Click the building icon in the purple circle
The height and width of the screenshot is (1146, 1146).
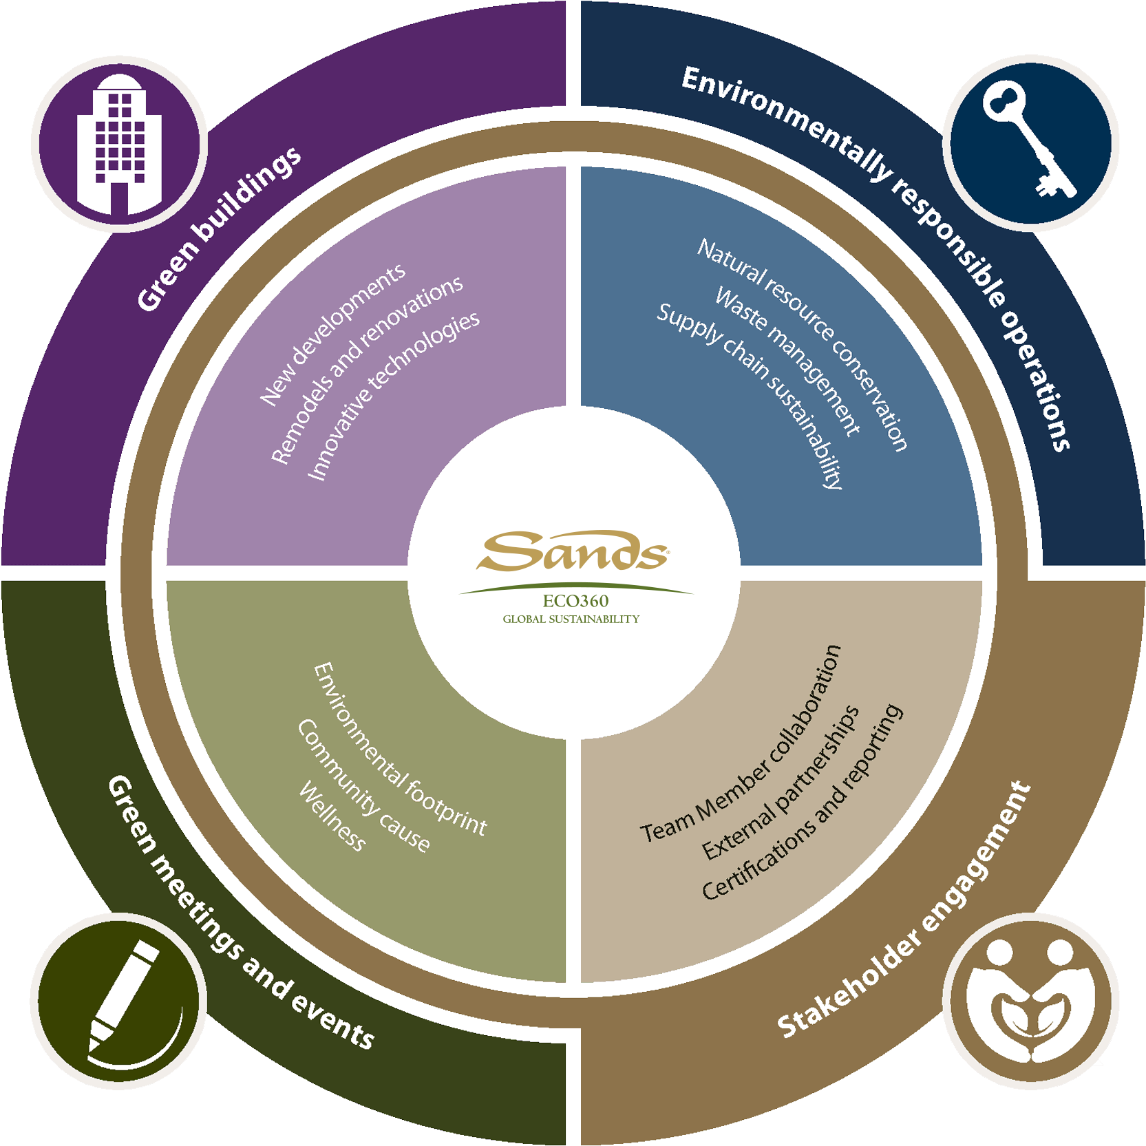click(x=119, y=145)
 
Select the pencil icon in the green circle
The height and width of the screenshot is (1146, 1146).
click(x=118, y=1001)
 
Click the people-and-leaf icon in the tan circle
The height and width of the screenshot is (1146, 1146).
click(x=1030, y=1001)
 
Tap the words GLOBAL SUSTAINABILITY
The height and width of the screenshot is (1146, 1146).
click(x=571, y=619)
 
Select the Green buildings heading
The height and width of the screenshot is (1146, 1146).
click(x=219, y=229)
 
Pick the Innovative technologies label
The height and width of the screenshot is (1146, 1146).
click(x=393, y=395)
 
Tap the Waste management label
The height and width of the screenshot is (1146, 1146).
click(x=787, y=361)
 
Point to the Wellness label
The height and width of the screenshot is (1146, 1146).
click(x=332, y=816)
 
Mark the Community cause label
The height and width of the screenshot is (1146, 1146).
click(x=363, y=785)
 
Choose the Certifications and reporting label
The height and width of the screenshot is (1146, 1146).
click(x=803, y=802)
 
